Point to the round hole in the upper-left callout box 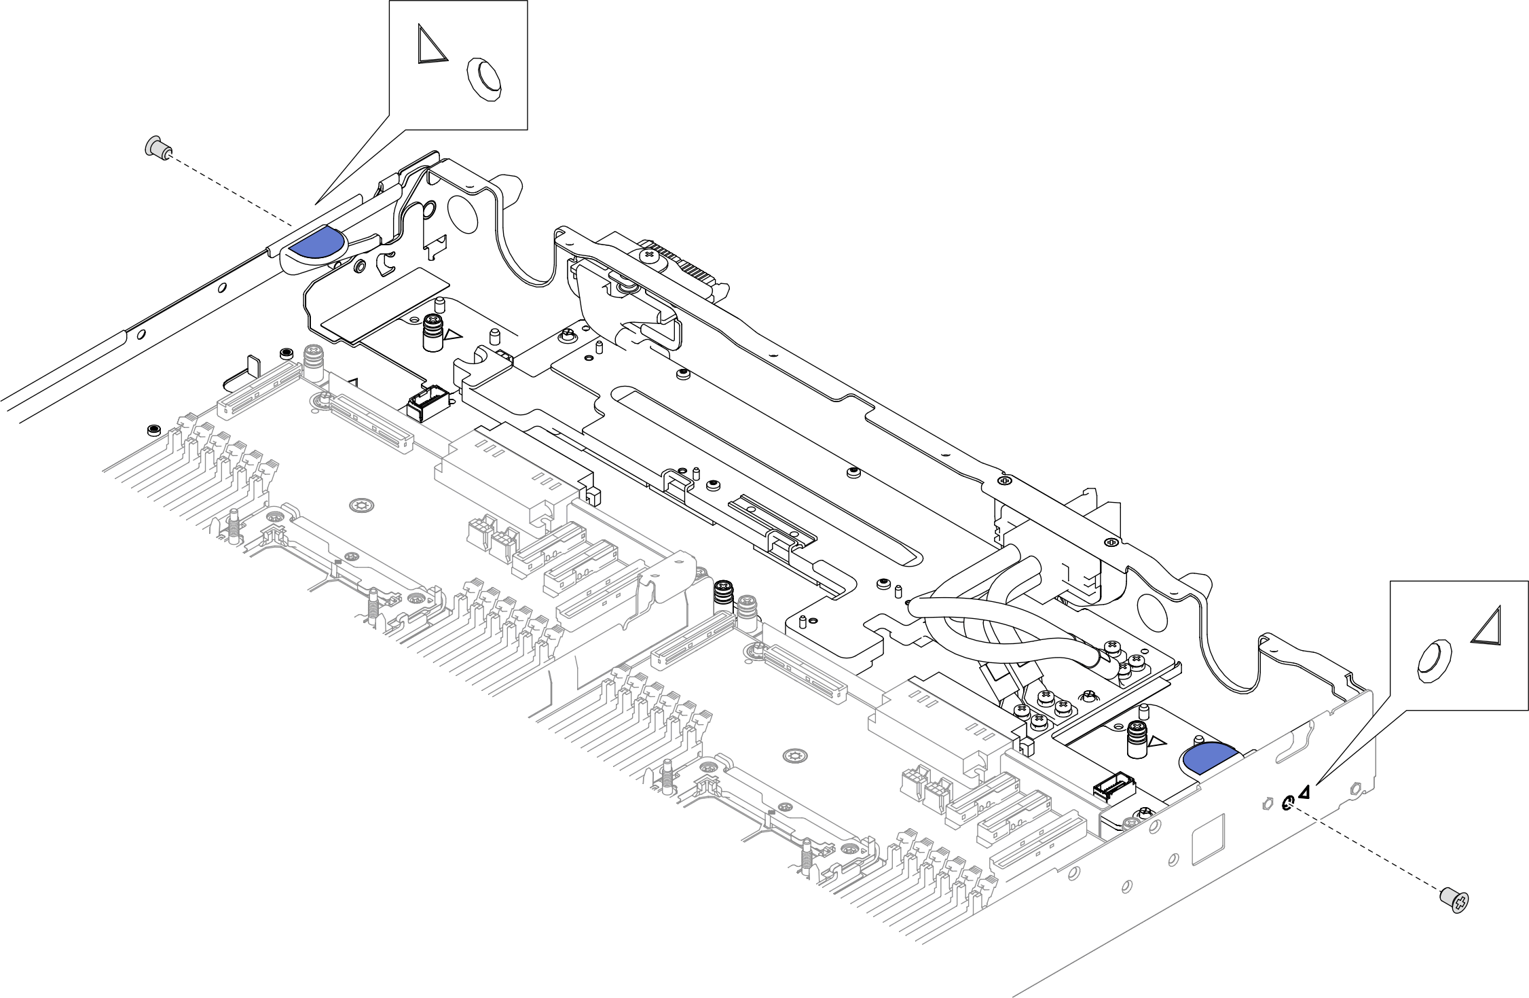coord(485,79)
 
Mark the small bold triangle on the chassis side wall coord(1304,792)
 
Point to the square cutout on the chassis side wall coord(1209,840)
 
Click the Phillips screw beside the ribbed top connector coord(650,255)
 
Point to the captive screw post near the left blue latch coord(432,333)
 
